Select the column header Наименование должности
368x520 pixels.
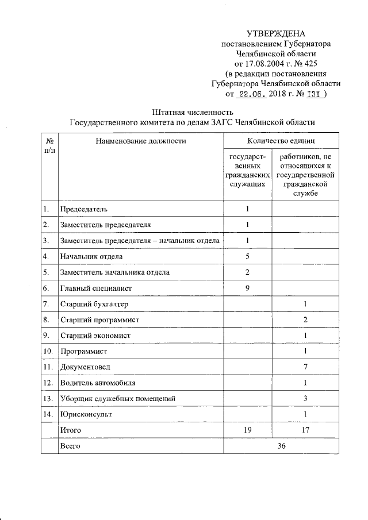coord(141,140)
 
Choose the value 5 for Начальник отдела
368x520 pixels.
coord(247,256)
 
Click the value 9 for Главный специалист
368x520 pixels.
coord(247,288)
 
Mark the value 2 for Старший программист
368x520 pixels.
coord(306,319)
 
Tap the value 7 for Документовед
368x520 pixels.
coord(306,366)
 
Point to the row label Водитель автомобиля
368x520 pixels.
coord(97,382)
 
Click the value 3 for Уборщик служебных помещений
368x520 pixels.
coord(306,398)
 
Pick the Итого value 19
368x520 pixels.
coord(247,429)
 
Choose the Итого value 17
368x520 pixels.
coord(306,429)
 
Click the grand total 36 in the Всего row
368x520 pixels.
coord(281,445)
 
